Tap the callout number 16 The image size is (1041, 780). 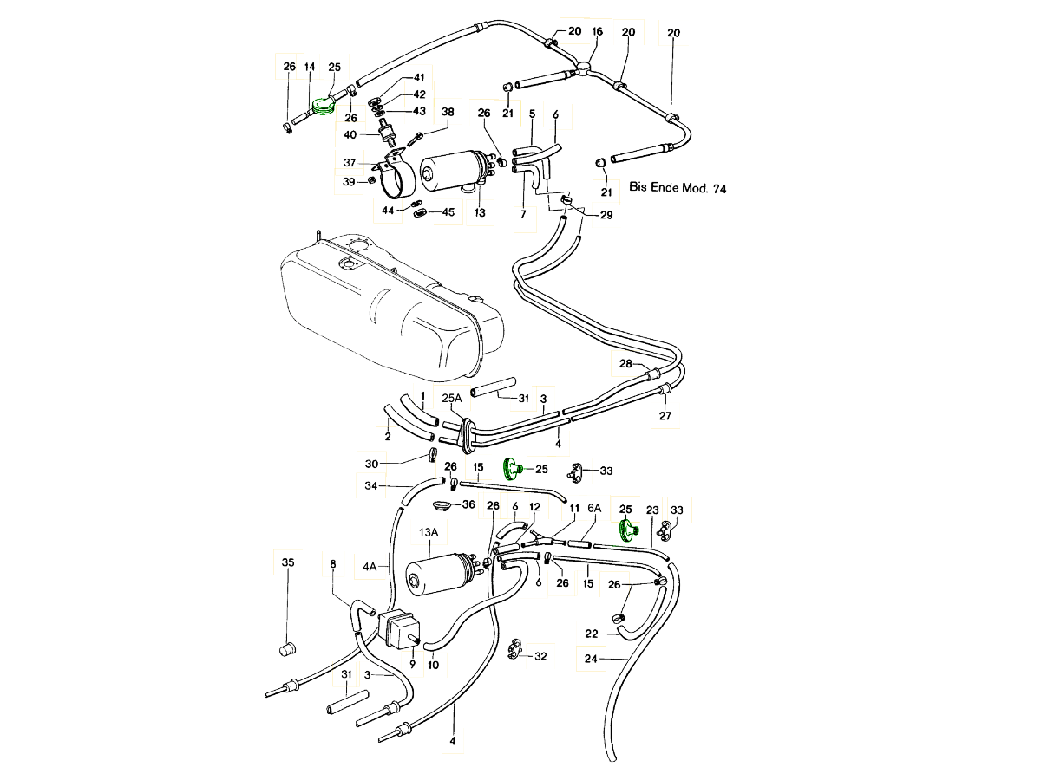tap(597, 32)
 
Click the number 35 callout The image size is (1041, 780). tap(288, 562)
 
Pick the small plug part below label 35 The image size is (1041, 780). tap(289, 648)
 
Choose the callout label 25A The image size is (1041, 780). tap(452, 398)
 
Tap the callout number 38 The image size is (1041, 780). tap(448, 112)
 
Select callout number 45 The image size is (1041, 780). tap(448, 212)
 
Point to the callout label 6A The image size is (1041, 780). tap(594, 509)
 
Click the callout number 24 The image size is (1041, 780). tap(592, 659)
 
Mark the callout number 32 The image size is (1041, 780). tap(540, 657)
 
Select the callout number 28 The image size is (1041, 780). tap(626, 364)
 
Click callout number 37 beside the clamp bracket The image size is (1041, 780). tap(350, 163)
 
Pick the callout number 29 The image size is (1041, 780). tap(606, 215)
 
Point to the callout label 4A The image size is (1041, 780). tap(370, 568)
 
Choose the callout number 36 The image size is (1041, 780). tap(468, 504)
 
